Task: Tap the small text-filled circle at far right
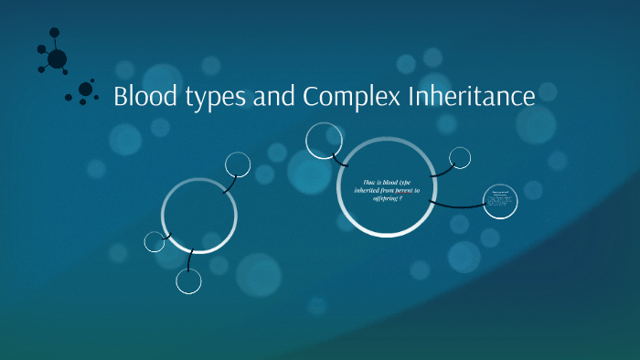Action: point(499,202)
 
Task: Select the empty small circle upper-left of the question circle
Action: point(324,140)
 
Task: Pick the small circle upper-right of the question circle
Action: point(460,158)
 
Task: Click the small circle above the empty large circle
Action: point(238,164)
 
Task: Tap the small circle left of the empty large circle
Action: point(155,241)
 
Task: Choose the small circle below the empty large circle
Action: point(188,281)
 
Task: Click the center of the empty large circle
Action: point(199,216)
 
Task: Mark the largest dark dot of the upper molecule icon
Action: point(57,59)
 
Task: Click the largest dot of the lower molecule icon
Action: point(86,90)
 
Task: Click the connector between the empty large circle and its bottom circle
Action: point(189,261)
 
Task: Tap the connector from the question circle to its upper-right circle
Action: point(441,171)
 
